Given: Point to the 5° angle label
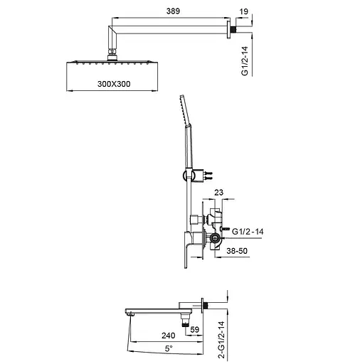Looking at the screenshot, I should [x=168, y=348].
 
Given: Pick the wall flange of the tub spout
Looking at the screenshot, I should [x=206, y=306].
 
